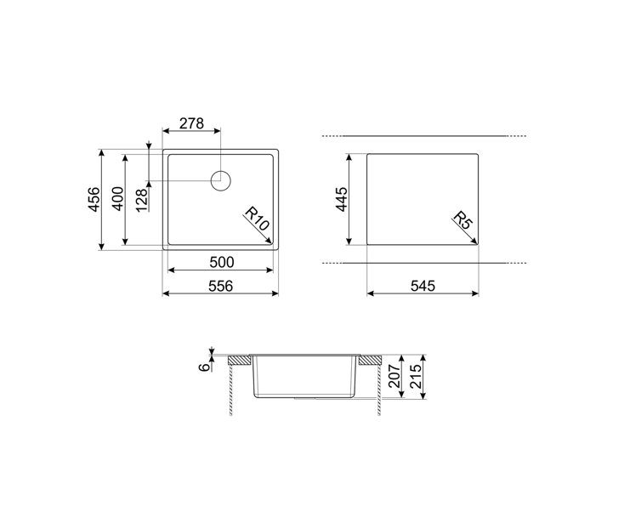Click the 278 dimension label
(x=191, y=123)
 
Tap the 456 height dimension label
(x=94, y=199)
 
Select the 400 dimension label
(x=117, y=198)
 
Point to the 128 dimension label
(x=142, y=200)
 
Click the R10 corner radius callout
(x=257, y=219)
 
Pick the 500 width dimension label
(x=221, y=262)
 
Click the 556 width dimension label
(x=220, y=286)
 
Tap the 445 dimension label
(x=342, y=199)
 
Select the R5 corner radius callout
(x=463, y=220)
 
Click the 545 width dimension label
(x=423, y=286)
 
